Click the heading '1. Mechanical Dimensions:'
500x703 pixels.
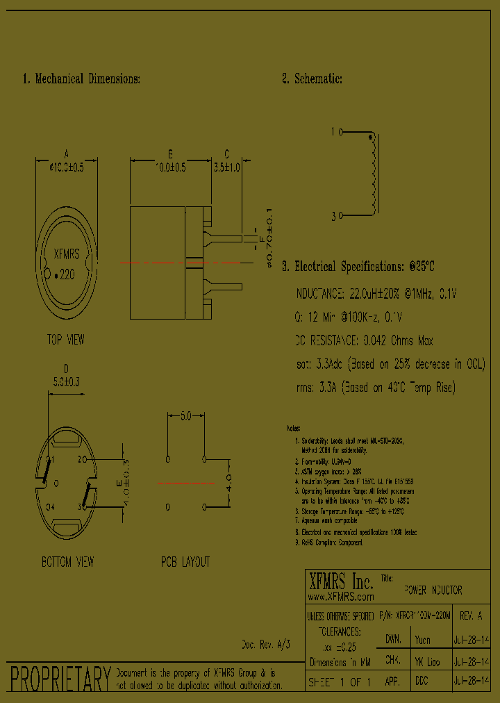[x=81, y=79]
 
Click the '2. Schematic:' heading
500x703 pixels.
[x=312, y=79]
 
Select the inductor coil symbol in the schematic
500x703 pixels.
[x=373, y=174]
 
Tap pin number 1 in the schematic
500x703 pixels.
[x=333, y=131]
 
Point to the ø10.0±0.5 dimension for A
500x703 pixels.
[x=66, y=167]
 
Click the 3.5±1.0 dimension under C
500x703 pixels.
[x=226, y=167]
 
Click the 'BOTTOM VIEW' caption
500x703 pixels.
[x=67, y=561]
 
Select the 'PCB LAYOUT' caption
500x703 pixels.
[x=185, y=561]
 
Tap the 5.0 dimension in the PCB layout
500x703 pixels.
[x=186, y=417]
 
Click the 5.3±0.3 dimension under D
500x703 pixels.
[x=66, y=381]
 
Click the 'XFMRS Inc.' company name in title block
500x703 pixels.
[x=340, y=581]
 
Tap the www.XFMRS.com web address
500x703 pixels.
[x=340, y=597]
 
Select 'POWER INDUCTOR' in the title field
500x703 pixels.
[x=433, y=590]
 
